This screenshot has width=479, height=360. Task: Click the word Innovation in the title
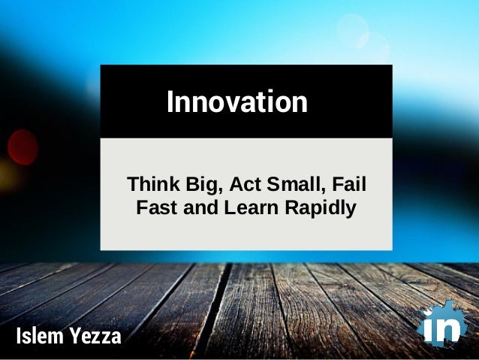[236, 101]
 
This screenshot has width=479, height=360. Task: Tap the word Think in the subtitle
[148, 184]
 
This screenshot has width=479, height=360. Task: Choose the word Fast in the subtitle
[154, 207]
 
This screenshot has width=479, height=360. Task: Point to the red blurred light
[23, 147]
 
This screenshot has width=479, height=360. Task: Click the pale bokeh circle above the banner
[352, 30]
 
